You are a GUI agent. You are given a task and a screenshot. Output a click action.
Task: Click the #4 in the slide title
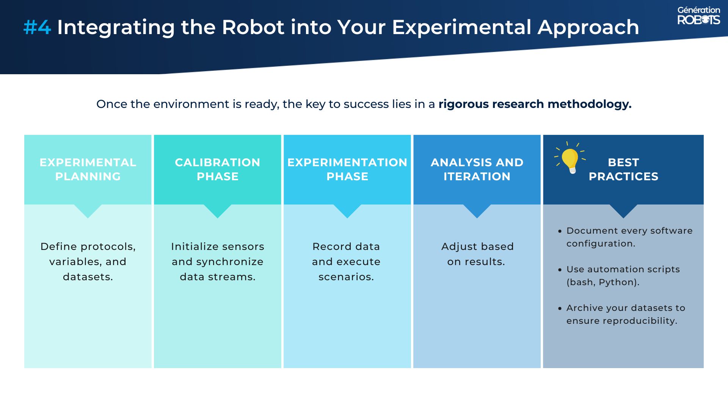click(37, 27)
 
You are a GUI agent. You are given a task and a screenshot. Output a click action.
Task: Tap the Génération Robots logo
click(698, 16)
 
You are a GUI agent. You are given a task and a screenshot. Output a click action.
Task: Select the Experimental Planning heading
click(88, 169)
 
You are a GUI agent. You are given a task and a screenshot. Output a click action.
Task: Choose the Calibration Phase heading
click(218, 169)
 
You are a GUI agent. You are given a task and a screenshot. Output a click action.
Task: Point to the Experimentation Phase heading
click(347, 169)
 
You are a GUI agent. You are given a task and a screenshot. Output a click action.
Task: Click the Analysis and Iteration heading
click(477, 169)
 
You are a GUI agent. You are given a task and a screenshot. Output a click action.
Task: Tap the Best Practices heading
click(623, 169)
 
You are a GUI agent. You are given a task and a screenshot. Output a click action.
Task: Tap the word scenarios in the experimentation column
click(346, 277)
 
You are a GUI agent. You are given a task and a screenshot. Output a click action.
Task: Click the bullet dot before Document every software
click(560, 231)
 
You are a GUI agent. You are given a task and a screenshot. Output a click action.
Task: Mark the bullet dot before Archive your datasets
click(560, 308)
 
